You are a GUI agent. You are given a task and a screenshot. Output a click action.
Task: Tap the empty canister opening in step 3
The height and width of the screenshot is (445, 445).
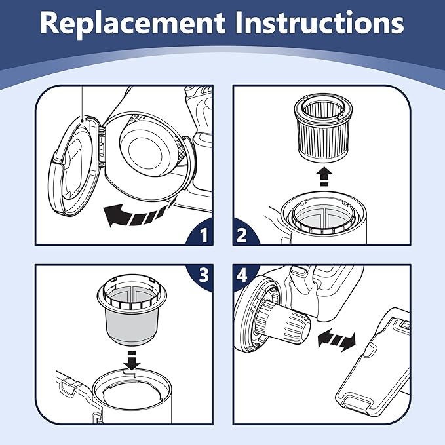click(x=134, y=393)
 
